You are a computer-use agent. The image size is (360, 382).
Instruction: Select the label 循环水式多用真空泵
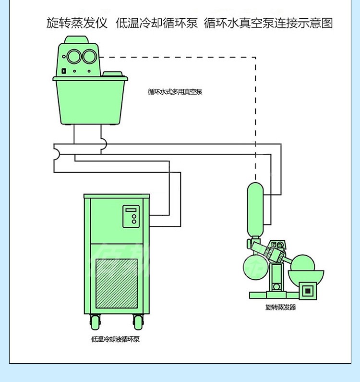coord(175,92)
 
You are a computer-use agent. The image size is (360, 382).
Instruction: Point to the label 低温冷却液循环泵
coord(115,339)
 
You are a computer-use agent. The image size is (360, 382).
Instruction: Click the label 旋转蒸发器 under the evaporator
coord(280,307)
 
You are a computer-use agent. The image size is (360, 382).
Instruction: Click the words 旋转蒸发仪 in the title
coord(77,23)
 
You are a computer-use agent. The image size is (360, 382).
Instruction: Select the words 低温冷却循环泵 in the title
coord(156,23)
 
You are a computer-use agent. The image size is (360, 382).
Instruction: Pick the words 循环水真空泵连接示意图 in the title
coord(268,23)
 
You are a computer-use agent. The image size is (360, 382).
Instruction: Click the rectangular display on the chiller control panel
coord(131,210)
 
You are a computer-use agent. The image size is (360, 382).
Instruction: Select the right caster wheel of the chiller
coord(138,321)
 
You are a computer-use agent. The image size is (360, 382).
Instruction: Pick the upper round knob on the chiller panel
coord(134,217)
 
